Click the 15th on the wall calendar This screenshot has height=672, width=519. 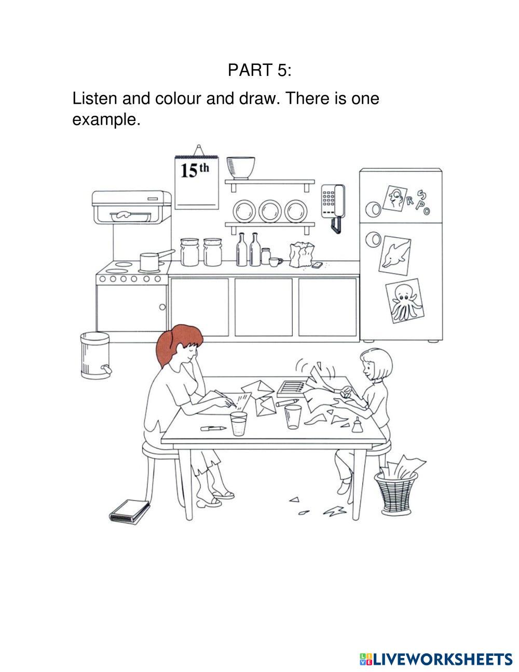click(x=195, y=170)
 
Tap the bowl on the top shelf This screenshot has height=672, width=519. click(x=241, y=168)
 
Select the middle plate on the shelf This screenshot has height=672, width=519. click(x=270, y=211)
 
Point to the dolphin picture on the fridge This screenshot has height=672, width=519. click(x=395, y=255)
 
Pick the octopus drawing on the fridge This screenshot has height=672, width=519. click(x=405, y=301)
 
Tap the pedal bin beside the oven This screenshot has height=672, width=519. click(x=96, y=355)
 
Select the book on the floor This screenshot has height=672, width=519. click(x=130, y=512)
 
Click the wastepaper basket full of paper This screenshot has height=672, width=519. click(x=397, y=486)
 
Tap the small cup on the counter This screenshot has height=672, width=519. click(x=275, y=262)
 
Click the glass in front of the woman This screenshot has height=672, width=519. click(x=239, y=423)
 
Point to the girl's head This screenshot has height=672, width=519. click(x=376, y=365)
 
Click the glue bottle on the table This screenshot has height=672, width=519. click(x=357, y=425)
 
